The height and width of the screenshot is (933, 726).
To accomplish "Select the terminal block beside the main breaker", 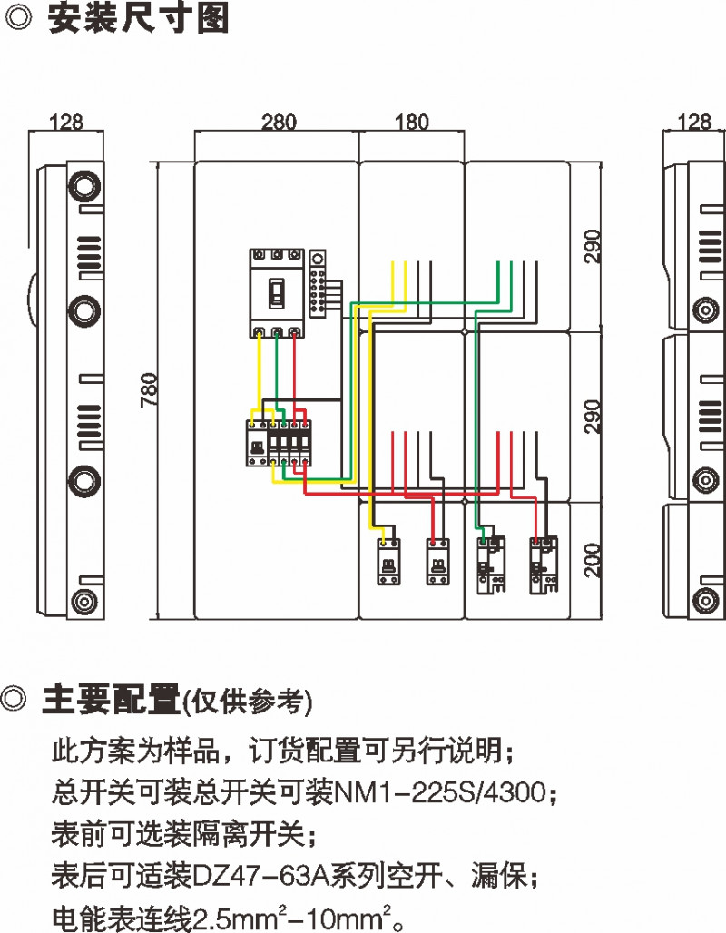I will click(x=319, y=283).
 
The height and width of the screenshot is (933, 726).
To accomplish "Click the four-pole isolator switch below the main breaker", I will click(x=279, y=443).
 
